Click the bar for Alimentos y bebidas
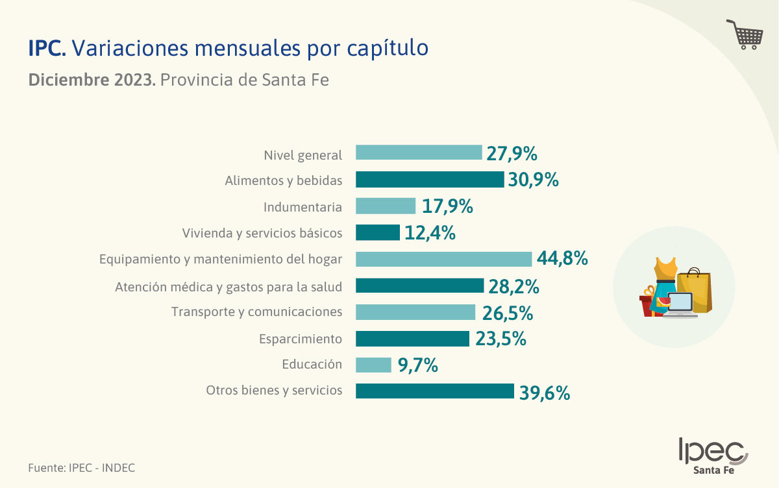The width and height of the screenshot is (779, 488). pyautogui.click(x=430, y=180)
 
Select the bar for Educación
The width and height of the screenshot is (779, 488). pyautogui.click(x=373, y=365)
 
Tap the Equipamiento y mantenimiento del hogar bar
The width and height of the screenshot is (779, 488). pyautogui.click(x=443, y=259)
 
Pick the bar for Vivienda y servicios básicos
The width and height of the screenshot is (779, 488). pyautogui.click(x=377, y=232)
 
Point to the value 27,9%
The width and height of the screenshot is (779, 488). pyautogui.click(x=512, y=154)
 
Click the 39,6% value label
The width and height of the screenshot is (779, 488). pyautogui.click(x=544, y=392)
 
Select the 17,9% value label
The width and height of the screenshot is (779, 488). pyautogui.click(x=447, y=207)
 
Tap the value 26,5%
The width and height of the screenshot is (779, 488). pyautogui.click(x=507, y=313)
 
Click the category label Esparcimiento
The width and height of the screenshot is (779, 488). pyautogui.click(x=300, y=339)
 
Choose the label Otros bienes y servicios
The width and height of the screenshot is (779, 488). pyautogui.click(x=274, y=391)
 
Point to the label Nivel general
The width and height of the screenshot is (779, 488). pyautogui.click(x=303, y=155)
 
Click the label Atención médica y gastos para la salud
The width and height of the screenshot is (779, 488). pyautogui.click(x=229, y=286)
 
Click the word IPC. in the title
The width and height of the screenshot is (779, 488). pyautogui.click(x=47, y=48)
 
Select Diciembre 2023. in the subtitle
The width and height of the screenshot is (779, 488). pyautogui.click(x=92, y=80)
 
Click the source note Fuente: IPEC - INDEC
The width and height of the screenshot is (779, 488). pyautogui.click(x=81, y=467)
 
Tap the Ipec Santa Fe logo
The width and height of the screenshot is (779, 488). pyautogui.click(x=713, y=456)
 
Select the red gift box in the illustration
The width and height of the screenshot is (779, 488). pyautogui.click(x=647, y=304)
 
